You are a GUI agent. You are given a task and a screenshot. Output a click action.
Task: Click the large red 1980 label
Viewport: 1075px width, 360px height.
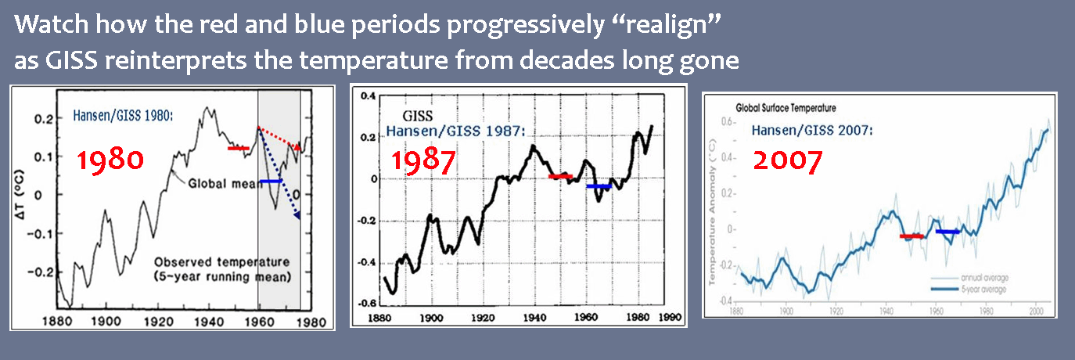[110, 160]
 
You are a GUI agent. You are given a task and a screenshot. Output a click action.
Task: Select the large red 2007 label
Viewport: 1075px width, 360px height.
[787, 160]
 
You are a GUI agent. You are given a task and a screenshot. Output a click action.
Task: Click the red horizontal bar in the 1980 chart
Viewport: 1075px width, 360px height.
[238, 148]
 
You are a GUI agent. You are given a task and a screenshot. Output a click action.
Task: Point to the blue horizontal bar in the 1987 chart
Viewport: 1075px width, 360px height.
[599, 186]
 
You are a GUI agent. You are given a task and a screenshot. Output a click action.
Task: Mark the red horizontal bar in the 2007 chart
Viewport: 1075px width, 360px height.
[911, 236]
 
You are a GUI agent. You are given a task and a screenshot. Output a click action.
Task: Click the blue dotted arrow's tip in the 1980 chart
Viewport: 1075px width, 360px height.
[298, 216]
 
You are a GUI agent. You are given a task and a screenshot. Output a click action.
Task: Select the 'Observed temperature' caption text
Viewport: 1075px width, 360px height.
[222, 261]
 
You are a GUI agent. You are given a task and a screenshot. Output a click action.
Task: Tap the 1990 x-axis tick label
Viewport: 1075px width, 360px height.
[662, 319]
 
